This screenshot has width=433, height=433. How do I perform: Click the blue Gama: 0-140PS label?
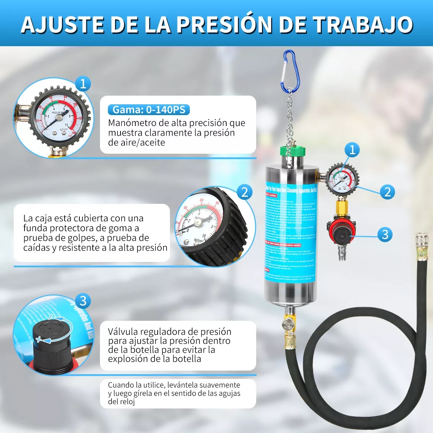coord(149,110)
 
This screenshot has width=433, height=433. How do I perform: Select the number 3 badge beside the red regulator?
coord(385,235)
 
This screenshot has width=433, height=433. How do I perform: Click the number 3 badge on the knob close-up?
coord(83,301)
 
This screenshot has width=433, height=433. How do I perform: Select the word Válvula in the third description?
coord(123,332)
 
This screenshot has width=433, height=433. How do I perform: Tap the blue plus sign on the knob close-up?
coord(39,340)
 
